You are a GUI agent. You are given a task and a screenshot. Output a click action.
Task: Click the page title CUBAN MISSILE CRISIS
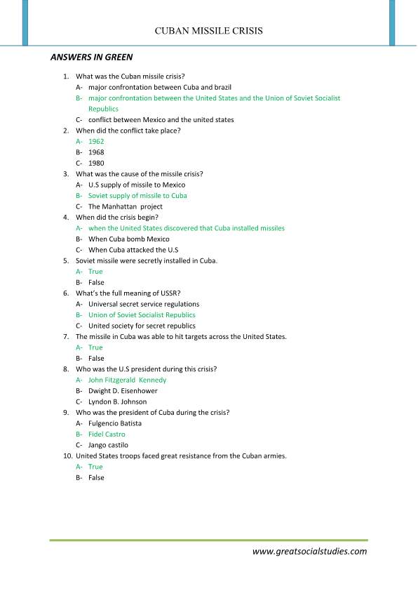pyautogui.click(x=209, y=31)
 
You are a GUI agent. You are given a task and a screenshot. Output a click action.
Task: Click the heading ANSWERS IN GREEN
pyautogui.click(x=92, y=56)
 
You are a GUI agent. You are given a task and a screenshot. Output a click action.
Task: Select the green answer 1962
pyautogui.click(x=96, y=141)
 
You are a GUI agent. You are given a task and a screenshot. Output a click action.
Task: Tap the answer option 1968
pyautogui.click(x=96, y=152)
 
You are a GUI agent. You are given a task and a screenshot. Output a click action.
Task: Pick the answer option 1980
pyautogui.click(x=96, y=163)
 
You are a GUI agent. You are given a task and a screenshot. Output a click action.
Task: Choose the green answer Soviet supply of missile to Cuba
pyautogui.click(x=137, y=196)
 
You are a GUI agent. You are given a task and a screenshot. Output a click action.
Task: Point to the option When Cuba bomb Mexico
pyautogui.click(x=128, y=239)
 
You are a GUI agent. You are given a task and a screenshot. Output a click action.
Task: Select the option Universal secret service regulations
pyautogui.click(x=144, y=304)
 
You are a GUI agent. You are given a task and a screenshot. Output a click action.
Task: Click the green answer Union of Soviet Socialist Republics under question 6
pyautogui.click(x=142, y=315)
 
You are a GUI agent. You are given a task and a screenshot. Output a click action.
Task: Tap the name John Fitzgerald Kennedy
pyautogui.click(x=127, y=380)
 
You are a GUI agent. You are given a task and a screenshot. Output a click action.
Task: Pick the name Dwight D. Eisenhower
pyautogui.click(x=123, y=391)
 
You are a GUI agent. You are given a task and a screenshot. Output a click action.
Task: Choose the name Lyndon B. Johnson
pyautogui.click(x=118, y=401)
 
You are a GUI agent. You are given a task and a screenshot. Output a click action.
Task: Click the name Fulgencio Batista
pyautogui.click(x=115, y=423)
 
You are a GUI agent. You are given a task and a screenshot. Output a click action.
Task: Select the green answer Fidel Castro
pyautogui.click(x=107, y=434)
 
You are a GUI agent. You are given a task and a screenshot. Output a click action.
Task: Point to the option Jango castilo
pyautogui.click(x=108, y=445)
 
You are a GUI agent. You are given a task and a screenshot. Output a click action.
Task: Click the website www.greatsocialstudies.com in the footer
pyautogui.click(x=309, y=551)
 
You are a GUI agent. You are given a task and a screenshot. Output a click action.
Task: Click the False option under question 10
pyautogui.click(x=96, y=477)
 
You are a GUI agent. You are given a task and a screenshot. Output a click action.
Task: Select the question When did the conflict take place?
pyautogui.click(x=129, y=131)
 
